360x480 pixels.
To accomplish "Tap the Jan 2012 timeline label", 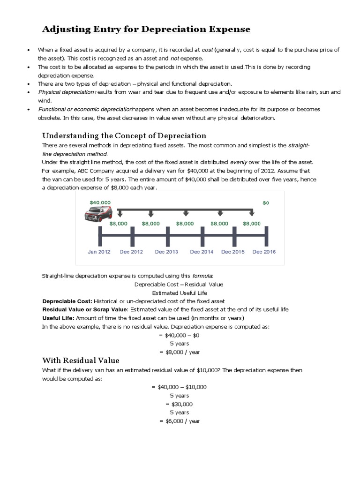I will [99, 252].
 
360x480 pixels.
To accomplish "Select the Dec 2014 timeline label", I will [202, 252].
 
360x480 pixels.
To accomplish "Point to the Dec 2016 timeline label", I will [264, 252].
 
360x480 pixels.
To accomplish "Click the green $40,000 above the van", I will [100, 202].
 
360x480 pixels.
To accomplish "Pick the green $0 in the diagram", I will [266, 202].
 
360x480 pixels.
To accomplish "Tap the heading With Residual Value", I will [81, 360].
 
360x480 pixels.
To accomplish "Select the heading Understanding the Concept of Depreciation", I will [124, 135].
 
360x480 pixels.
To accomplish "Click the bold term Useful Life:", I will [58, 318].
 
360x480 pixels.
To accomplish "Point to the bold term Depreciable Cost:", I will [67, 301].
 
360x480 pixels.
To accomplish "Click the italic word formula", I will [202, 276].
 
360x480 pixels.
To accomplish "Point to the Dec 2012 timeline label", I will [132, 252].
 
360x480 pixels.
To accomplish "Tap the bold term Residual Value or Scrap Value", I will [85, 309].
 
